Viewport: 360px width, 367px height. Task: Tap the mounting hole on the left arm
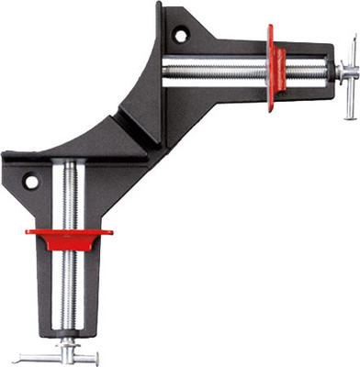pos(32,182)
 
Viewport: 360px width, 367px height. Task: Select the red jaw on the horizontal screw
pos(274,66)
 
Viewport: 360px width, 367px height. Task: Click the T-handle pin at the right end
pos(353,72)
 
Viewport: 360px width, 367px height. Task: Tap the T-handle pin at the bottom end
pos(68,350)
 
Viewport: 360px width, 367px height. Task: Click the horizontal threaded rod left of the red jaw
pos(216,66)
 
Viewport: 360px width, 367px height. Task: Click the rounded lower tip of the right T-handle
pos(353,92)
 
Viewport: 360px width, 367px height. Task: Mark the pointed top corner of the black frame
pos(160,6)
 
